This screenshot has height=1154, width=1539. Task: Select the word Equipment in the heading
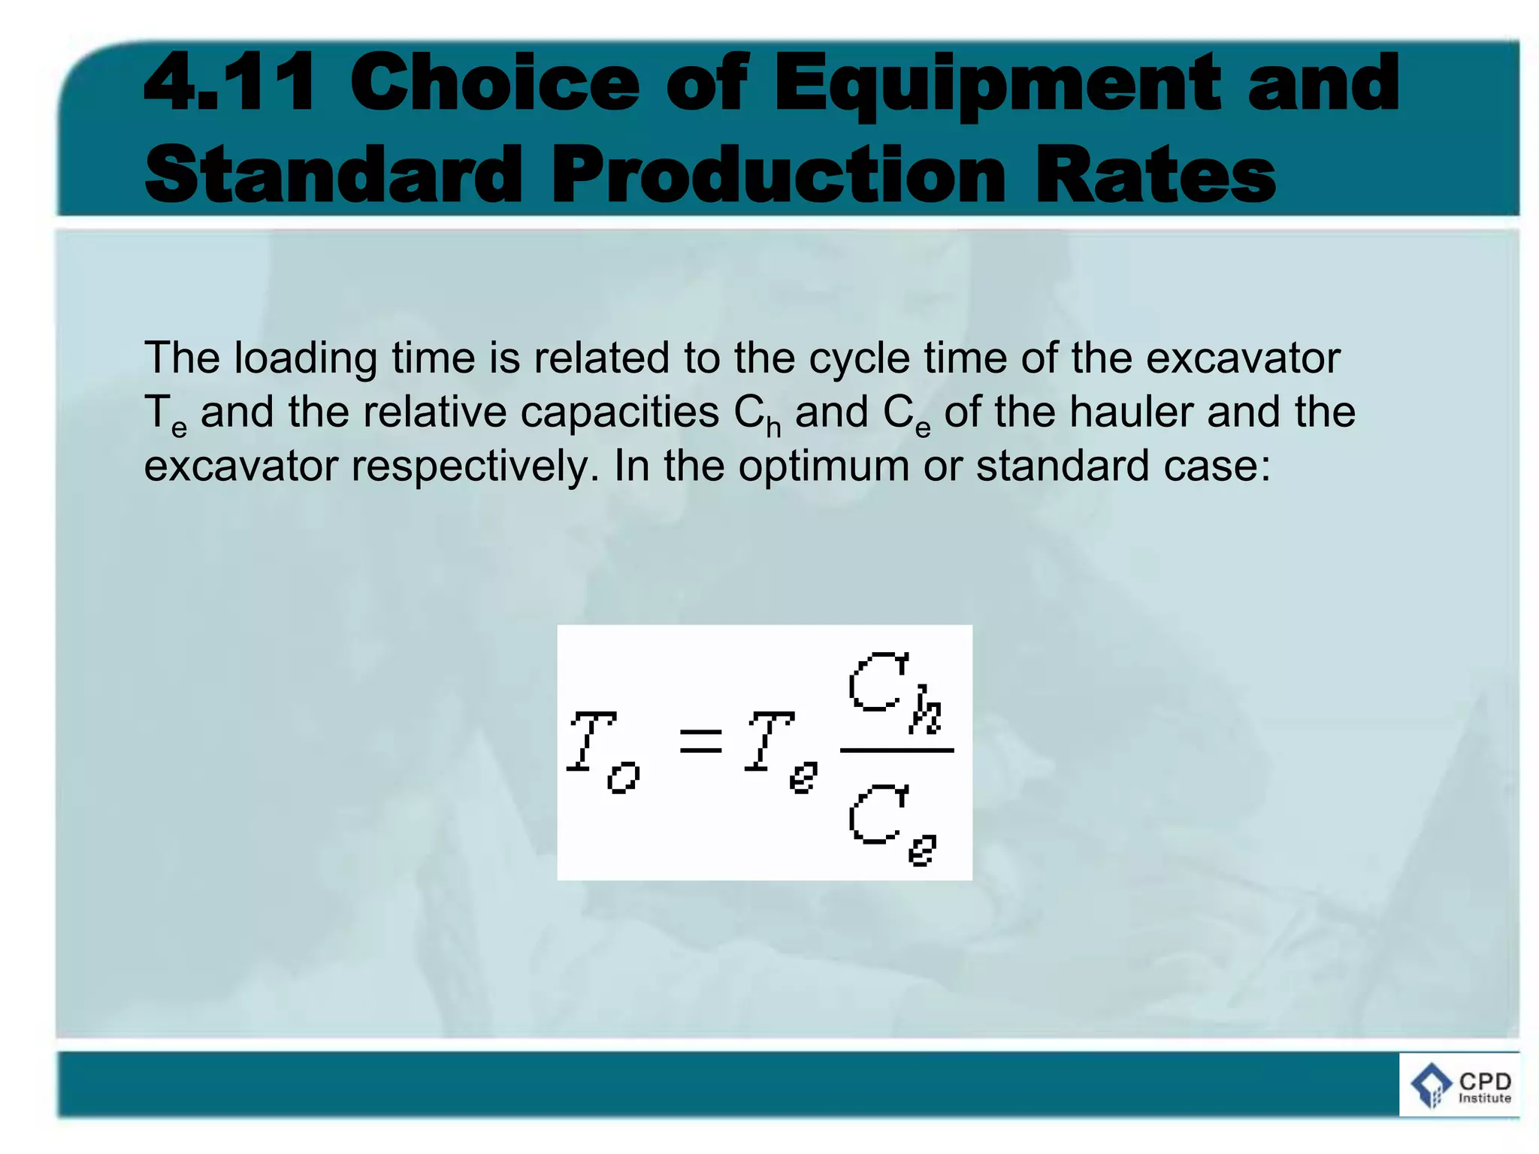pos(996,84)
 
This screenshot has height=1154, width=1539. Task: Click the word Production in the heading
pos(778,174)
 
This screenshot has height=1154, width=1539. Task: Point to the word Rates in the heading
pos(1155,174)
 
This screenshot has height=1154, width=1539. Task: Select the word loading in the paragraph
pos(305,358)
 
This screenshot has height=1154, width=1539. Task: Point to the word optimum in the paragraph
pos(823,467)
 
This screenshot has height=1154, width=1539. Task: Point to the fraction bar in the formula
pos(896,750)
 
